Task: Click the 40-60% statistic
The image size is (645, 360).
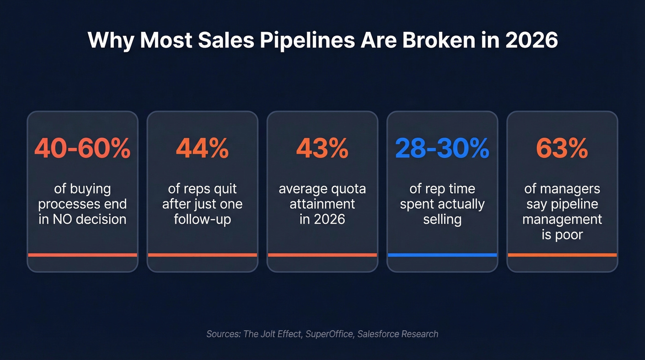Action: pyautogui.click(x=82, y=148)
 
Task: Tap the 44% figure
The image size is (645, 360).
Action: pyautogui.click(x=202, y=148)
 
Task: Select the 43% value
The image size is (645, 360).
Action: pyautogui.click(x=322, y=148)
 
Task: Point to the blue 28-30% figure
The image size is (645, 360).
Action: pyautogui.click(x=442, y=148)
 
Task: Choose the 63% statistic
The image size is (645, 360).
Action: pyautogui.click(x=562, y=148)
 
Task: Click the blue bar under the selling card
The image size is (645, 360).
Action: pyautogui.click(x=442, y=255)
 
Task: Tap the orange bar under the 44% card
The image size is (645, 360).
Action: pyautogui.click(x=202, y=255)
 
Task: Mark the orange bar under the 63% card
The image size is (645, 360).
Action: pyautogui.click(x=562, y=255)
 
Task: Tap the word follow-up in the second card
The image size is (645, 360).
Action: pyautogui.click(x=202, y=219)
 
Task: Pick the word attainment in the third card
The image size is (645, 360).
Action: pyautogui.click(x=322, y=204)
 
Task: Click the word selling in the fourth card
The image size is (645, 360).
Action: pyautogui.click(x=442, y=219)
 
